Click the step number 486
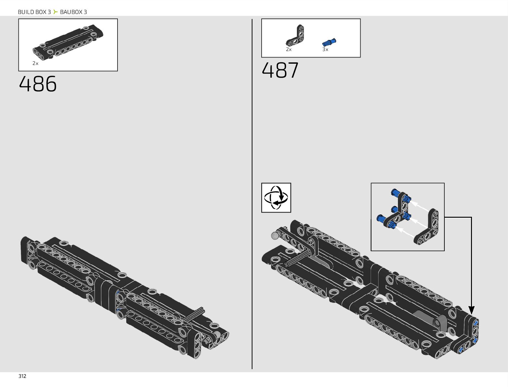[x=38, y=84]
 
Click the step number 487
[x=280, y=70]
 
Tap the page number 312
[x=22, y=376]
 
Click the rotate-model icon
[x=276, y=198]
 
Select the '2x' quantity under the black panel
[x=35, y=63]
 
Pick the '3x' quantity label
[x=325, y=50]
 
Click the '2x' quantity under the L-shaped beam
[x=289, y=50]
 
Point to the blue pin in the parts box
[x=329, y=42]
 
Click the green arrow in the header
[x=56, y=12]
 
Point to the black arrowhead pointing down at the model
[x=471, y=310]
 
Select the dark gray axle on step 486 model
[x=194, y=315]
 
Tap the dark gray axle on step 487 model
[x=296, y=259]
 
